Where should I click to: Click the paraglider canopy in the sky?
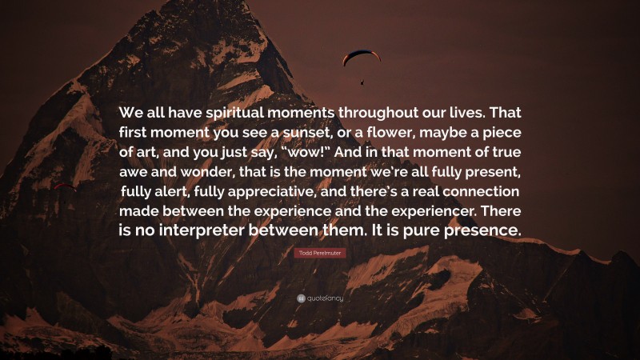361,56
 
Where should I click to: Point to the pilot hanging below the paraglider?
362,81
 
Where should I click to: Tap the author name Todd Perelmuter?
320,253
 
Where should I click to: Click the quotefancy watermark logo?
320,298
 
